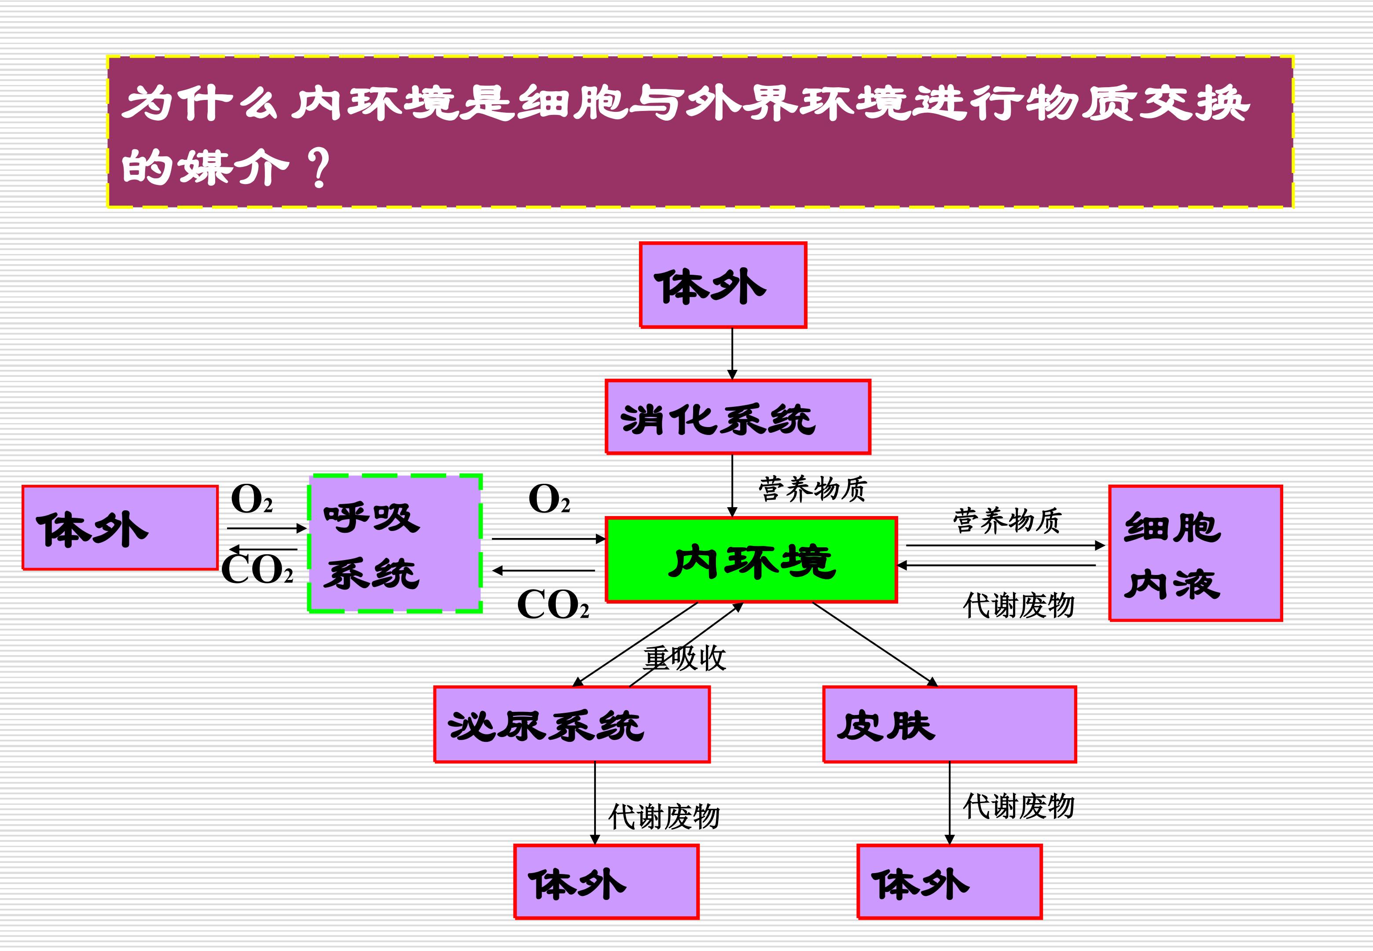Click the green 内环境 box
tap(751, 560)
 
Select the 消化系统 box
tap(738, 417)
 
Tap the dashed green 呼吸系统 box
tap(395, 543)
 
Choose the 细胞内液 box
tap(1196, 553)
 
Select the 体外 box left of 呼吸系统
tap(120, 528)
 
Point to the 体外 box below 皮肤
tap(950, 882)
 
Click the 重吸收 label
tap(685, 658)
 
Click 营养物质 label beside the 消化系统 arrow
tap(813, 489)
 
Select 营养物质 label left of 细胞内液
tap(1007, 521)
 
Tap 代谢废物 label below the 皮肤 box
tap(1019, 806)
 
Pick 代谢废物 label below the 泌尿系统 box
tap(664, 817)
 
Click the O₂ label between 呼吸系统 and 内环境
tap(549, 499)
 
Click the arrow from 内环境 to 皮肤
tap(875, 645)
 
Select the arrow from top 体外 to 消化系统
tap(732, 354)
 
